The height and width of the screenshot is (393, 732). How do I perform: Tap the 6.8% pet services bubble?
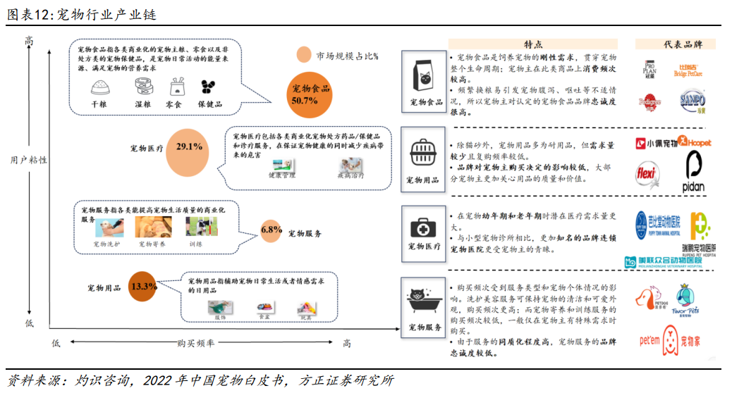tap(272, 231)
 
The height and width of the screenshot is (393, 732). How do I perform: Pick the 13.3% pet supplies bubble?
tap(143, 287)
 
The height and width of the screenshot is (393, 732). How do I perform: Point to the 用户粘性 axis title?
tap(28, 161)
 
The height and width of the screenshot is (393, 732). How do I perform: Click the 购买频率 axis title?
tap(195, 343)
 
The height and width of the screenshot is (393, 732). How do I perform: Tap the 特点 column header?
tap(534, 44)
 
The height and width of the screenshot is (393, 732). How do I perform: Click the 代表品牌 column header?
tap(683, 44)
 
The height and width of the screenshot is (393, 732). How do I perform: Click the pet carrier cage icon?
tap(427, 151)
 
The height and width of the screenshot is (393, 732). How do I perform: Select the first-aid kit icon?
tap(427, 227)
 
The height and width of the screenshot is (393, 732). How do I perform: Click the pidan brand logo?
tap(694, 174)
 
